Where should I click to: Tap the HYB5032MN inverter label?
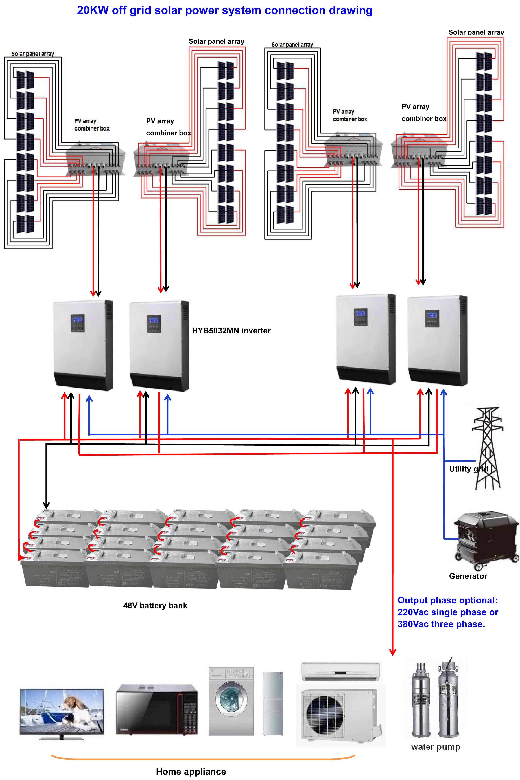point(231,331)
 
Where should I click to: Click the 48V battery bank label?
point(155,605)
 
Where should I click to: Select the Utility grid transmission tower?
point(487,448)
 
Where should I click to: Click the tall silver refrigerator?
point(273,703)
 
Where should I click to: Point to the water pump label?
point(435,747)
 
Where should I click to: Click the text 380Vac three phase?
point(441,624)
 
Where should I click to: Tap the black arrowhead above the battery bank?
point(46,505)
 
